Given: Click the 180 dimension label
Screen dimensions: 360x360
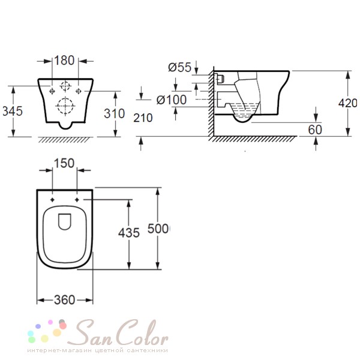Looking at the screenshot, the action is [64, 61].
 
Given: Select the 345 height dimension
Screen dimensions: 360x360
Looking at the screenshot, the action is [13, 111].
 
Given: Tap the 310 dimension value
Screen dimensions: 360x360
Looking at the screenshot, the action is [115, 113].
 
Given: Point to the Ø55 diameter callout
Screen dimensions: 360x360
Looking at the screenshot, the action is [180, 67].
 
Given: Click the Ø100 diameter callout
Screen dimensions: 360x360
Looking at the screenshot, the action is [172, 100].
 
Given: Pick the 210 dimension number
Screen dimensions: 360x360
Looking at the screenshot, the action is [143, 118].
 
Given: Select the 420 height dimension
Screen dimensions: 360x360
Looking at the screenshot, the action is [348, 103].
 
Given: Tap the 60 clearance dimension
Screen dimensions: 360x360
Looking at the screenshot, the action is [315, 130].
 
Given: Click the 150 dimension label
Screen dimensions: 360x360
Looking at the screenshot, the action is [64, 163].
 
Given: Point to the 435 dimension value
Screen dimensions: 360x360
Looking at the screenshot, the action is [129, 233].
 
